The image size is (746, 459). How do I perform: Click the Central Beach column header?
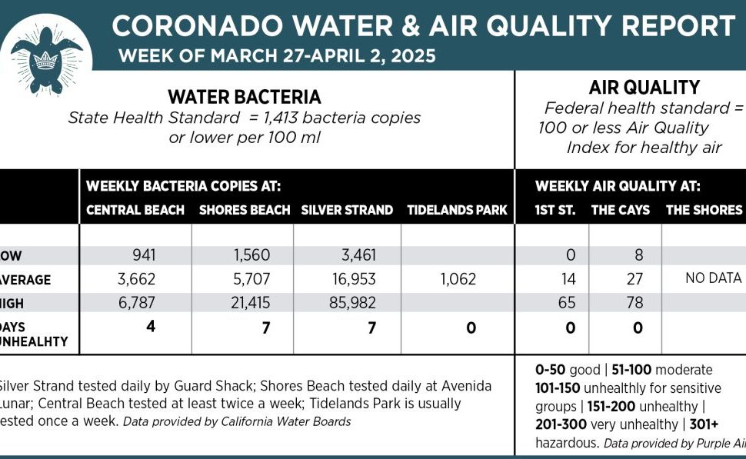point(135,210)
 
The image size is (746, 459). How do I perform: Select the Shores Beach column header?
point(245,210)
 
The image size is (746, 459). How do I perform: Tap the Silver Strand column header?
point(347,210)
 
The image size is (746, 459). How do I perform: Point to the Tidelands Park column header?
point(457,210)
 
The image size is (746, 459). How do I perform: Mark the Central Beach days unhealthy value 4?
point(151,327)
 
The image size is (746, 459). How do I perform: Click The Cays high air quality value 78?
point(634,303)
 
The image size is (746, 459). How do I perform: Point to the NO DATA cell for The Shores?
point(713,278)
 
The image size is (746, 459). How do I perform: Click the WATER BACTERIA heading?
point(245,98)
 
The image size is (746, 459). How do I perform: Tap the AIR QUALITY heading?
point(633,88)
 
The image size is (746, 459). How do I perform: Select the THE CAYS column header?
point(620,210)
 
